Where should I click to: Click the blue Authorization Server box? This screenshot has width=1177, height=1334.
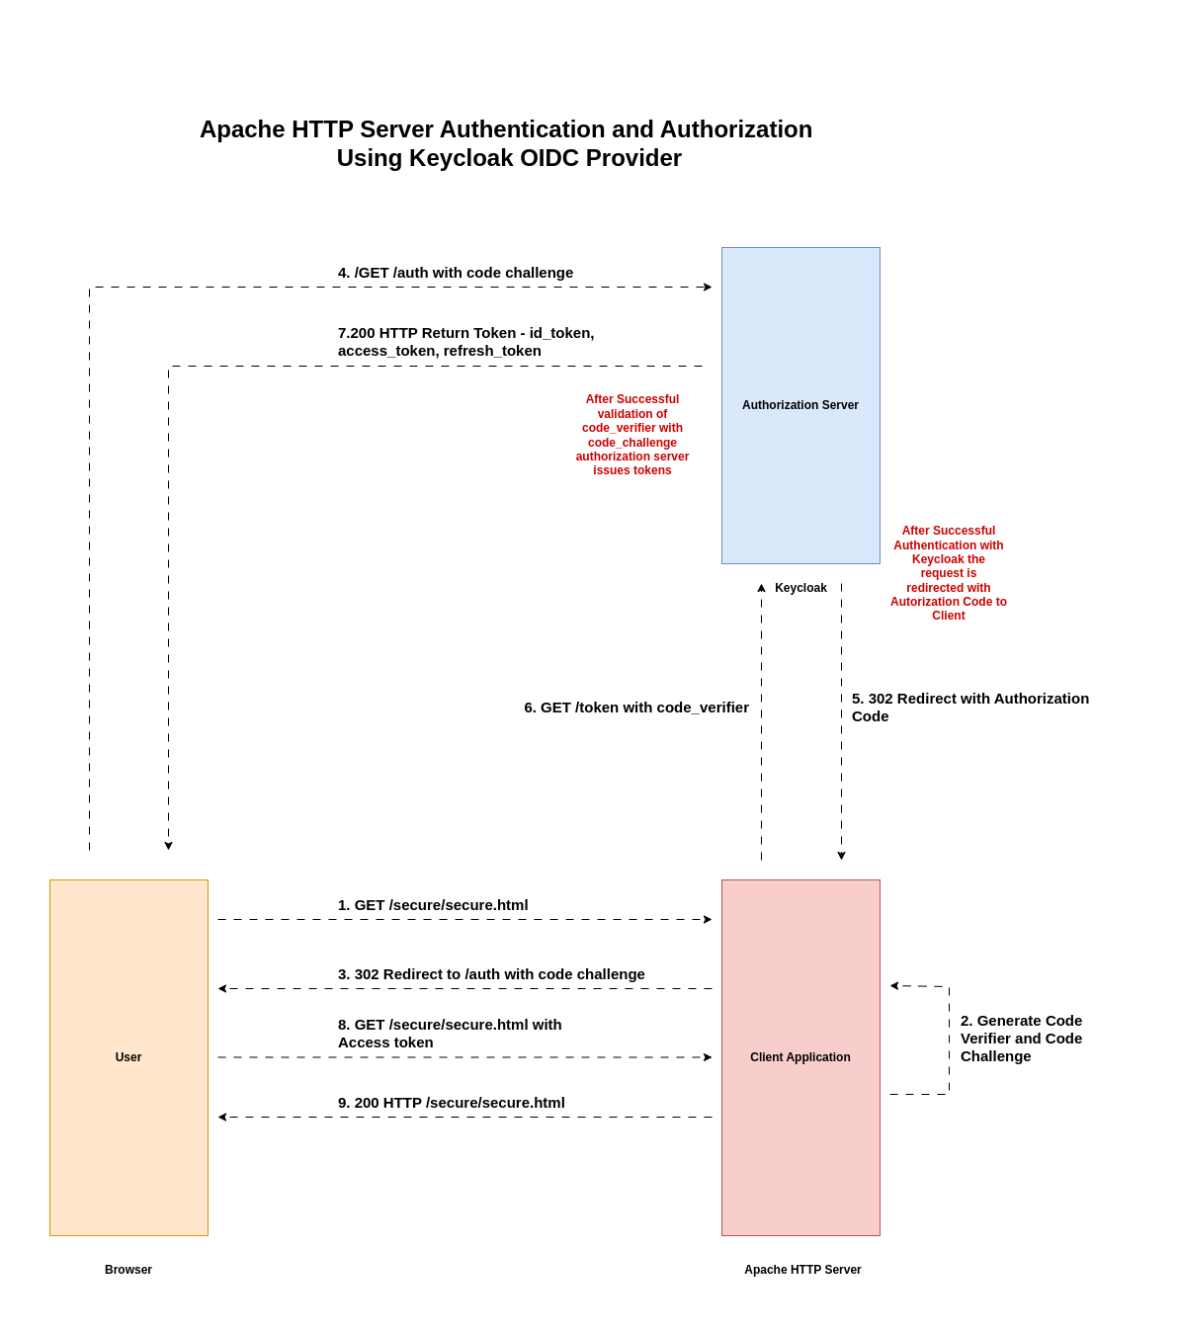click(800, 405)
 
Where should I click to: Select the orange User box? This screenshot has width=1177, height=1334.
click(128, 1057)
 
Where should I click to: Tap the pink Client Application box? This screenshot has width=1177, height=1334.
click(800, 1057)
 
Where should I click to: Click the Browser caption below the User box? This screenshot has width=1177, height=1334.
click(128, 1270)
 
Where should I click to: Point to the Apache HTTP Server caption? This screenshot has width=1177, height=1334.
click(802, 1270)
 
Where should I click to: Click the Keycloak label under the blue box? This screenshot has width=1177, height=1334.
click(800, 588)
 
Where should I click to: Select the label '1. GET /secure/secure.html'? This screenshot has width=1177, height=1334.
click(433, 905)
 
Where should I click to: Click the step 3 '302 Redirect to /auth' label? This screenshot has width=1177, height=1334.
click(491, 974)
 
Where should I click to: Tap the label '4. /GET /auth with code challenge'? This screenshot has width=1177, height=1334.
click(456, 273)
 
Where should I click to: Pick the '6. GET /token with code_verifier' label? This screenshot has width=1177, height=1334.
click(636, 708)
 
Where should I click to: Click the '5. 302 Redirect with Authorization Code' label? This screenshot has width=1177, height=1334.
click(969, 707)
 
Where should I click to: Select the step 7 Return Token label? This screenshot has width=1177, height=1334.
click(465, 342)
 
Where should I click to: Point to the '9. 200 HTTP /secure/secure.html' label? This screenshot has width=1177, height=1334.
click(452, 1103)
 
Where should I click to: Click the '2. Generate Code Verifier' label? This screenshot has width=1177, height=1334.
click(1021, 1039)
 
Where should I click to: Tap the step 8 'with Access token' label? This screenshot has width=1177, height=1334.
click(450, 1034)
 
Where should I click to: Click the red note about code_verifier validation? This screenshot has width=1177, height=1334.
click(632, 435)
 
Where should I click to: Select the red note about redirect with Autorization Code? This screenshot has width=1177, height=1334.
click(949, 573)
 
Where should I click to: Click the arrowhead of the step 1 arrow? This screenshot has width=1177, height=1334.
click(708, 920)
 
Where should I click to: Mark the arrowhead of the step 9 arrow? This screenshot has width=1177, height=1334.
click(222, 1118)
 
